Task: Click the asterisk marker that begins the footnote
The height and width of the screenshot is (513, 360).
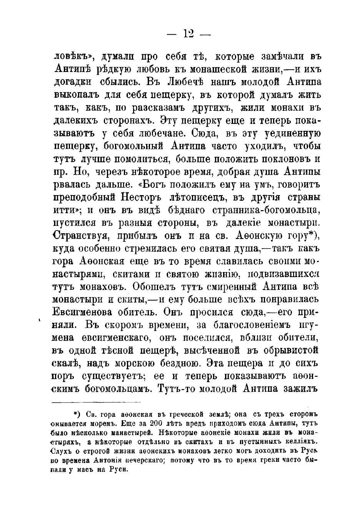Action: click(x=76, y=414)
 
